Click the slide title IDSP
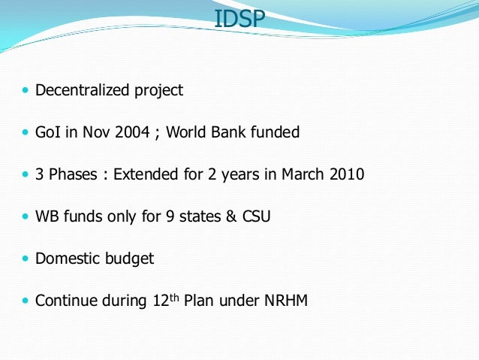click(239, 18)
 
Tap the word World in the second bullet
click(187, 133)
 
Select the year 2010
click(346, 175)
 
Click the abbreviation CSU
click(256, 217)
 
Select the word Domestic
click(68, 259)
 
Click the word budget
click(129, 259)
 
